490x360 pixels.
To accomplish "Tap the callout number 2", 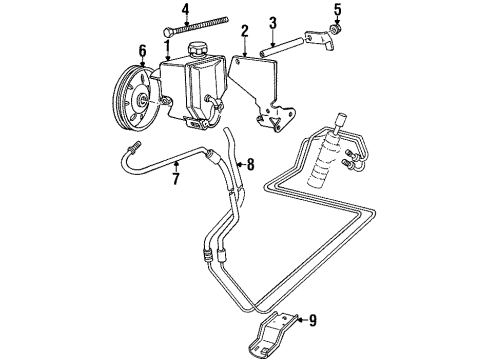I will click(x=244, y=31).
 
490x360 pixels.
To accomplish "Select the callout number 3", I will click(x=272, y=22).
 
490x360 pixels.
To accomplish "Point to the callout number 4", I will click(x=185, y=11).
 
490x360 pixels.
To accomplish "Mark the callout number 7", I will click(x=176, y=181).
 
